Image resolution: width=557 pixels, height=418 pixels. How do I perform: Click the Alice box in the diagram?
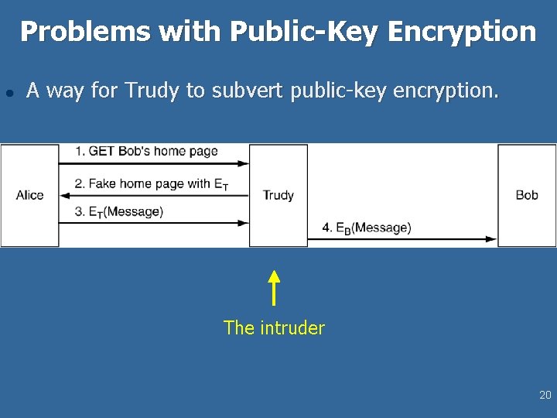(x=29, y=195)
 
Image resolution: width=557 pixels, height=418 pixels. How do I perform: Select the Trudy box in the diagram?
(x=278, y=195)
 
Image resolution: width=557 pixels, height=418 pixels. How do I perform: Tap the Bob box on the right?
(x=527, y=195)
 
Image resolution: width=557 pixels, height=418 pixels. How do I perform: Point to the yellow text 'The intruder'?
(x=274, y=328)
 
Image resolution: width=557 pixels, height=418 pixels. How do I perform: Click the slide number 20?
(x=545, y=396)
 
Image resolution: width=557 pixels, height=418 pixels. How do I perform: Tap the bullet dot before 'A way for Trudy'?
(x=9, y=92)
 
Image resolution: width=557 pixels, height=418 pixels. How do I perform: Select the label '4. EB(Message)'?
(x=367, y=228)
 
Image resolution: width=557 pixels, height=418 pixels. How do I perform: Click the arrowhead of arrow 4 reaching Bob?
(x=492, y=239)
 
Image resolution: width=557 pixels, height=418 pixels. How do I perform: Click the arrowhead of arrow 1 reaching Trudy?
(x=244, y=163)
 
